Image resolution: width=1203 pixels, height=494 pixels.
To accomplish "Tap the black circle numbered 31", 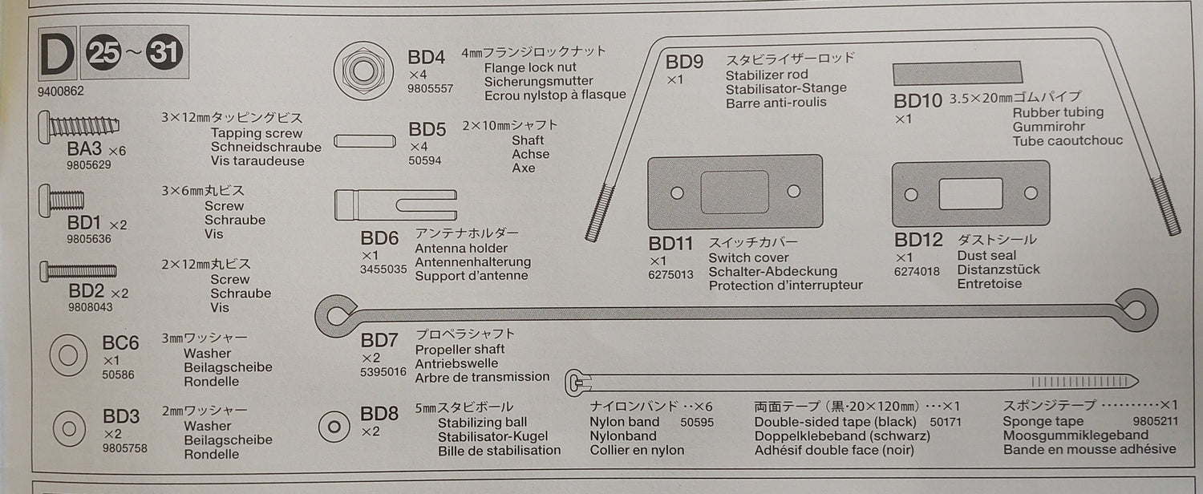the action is point(164,52).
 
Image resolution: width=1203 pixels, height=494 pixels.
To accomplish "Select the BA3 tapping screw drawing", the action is point(79,126).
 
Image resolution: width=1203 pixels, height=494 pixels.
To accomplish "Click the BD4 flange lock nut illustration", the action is point(363,71).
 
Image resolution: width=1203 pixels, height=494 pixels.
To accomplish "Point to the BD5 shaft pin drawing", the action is point(365,141).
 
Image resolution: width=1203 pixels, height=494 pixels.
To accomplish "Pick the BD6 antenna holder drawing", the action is point(395,204).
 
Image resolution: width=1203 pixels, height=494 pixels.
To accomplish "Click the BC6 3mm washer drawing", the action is point(68,355).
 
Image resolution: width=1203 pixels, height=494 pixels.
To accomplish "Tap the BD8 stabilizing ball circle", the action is point(334,427).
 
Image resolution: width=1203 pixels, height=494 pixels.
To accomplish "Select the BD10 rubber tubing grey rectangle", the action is point(957,72).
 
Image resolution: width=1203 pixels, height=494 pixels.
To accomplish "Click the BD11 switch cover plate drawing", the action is point(735,192).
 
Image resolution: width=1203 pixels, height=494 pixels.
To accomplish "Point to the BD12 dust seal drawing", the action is point(970,193).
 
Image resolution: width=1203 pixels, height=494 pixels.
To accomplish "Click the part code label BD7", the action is point(379,340).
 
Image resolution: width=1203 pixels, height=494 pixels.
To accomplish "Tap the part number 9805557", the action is point(430,88).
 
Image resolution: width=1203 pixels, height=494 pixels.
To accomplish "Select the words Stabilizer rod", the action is point(767,74).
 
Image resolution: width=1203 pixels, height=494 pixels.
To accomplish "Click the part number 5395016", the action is point(383,371).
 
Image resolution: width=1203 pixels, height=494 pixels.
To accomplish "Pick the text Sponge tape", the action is point(1043,421).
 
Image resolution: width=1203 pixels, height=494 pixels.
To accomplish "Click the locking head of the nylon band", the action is point(578,383).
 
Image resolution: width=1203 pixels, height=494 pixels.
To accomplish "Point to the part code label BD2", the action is point(86,291).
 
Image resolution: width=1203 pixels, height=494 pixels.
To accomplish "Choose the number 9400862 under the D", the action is point(61,91).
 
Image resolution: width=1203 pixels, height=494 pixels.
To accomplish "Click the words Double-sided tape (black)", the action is point(835,422).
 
